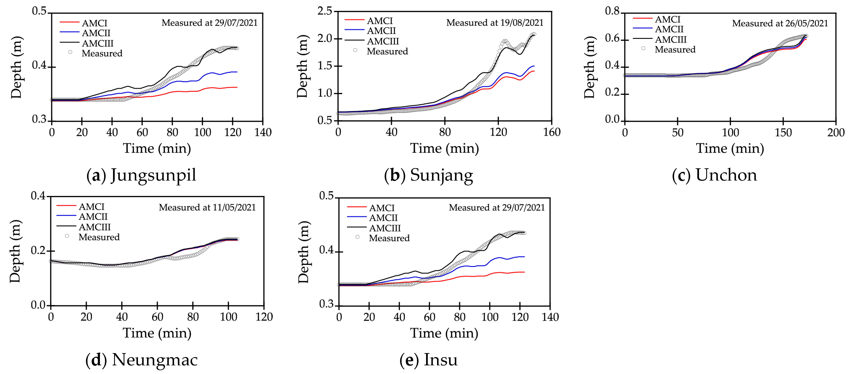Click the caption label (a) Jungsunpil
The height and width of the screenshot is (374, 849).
[x=141, y=175]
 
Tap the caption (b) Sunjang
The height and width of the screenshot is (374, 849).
[x=428, y=175]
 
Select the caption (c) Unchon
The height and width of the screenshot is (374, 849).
[x=714, y=175]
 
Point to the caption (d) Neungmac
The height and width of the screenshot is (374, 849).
[x=141, y=359]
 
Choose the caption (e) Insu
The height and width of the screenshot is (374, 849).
[x=428, y=359]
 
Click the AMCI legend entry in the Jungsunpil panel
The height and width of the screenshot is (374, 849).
[x=84, y=23]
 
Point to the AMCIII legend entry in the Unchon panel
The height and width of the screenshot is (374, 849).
[x=660, y=39]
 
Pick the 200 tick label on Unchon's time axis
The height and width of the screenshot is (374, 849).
[x=836, y=132]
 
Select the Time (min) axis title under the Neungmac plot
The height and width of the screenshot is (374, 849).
[x=157, y=333]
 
